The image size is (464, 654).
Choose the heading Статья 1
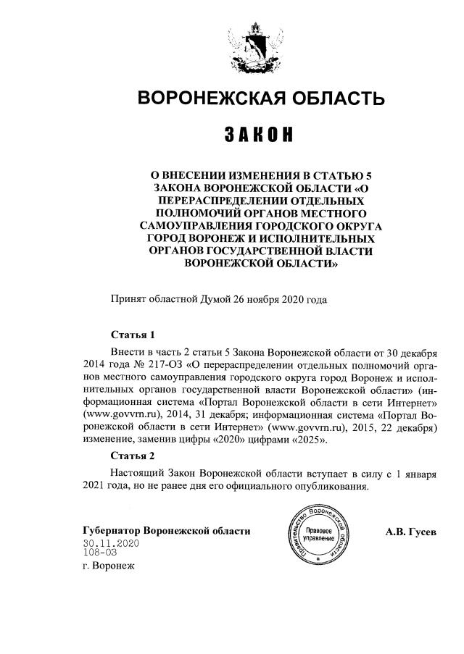133,335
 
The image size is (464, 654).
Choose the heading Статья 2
133,456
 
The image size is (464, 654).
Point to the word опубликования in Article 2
324,486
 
